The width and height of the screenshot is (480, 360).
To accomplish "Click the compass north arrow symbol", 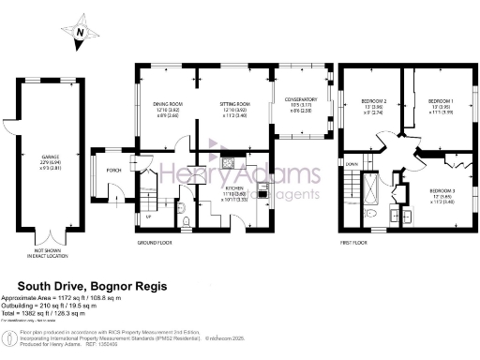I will click(82, 30).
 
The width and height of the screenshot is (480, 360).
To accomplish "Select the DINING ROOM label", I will click(169, 103).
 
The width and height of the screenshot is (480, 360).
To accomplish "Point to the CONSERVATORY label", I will click(300, 100).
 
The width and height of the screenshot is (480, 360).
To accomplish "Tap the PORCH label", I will click(113, 171).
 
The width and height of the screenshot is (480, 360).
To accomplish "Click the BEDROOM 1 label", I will click(441, 100).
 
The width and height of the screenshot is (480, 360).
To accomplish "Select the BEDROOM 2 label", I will click(375, 100).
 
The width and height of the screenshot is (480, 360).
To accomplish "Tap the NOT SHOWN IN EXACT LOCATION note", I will click(50, 251).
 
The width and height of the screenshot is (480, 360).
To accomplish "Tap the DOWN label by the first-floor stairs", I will click(352, 164).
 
